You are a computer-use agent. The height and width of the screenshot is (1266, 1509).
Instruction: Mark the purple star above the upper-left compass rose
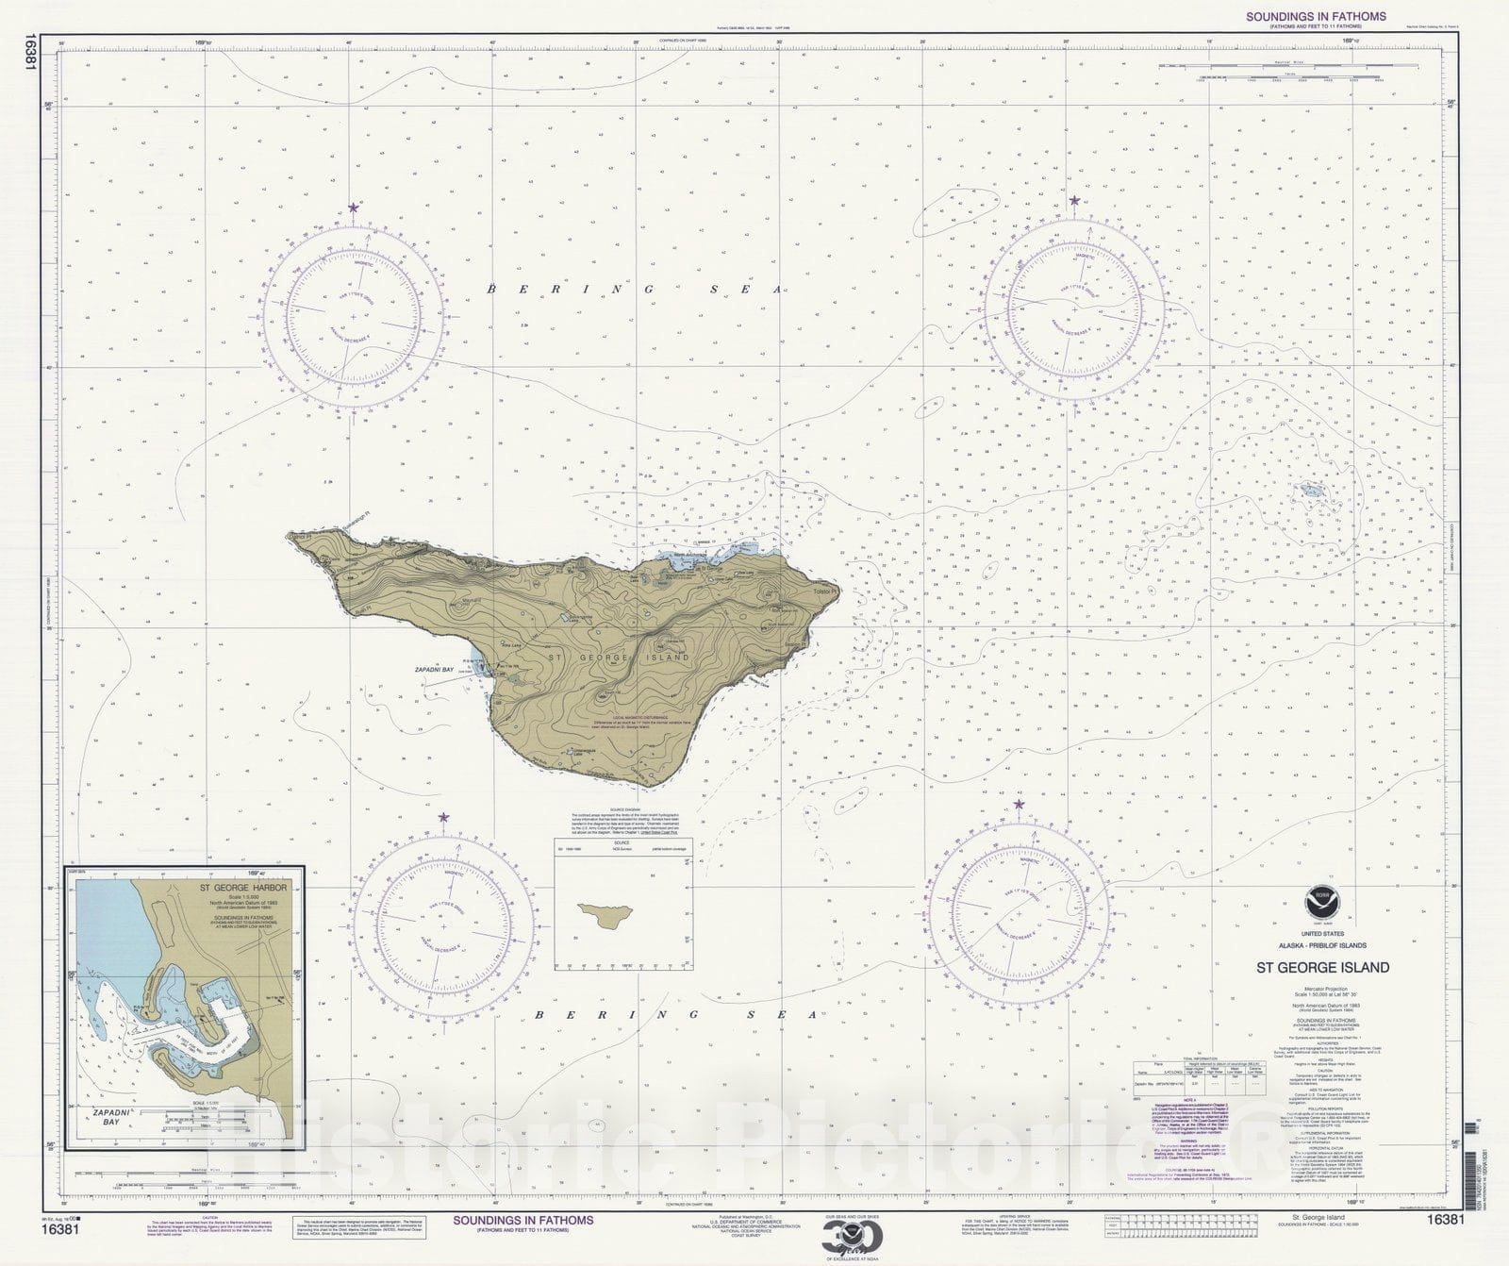pos(354,207)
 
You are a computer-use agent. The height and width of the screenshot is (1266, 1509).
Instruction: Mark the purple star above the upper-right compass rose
pos(1074,200)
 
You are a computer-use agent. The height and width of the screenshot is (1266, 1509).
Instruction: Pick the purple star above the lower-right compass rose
pos(1020,804)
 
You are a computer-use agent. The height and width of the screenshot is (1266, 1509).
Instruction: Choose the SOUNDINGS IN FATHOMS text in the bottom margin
pos(523,1220)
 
